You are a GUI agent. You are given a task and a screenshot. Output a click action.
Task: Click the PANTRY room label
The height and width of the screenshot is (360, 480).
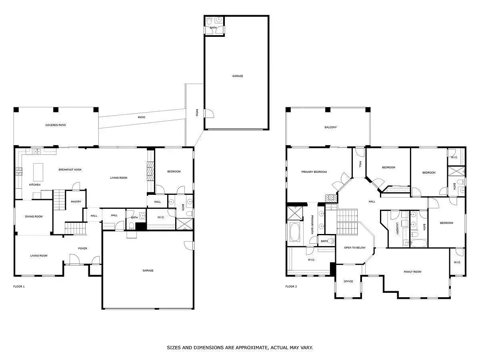point(76,202)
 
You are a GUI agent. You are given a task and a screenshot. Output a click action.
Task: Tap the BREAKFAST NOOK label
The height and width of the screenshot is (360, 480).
point(70,170)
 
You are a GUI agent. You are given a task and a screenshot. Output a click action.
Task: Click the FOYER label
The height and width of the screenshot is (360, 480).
point(83,248)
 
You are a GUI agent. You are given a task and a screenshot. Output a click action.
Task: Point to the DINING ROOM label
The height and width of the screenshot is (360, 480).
point(34,216)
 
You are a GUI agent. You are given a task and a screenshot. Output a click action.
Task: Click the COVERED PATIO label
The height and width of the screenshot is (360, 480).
point(56,125)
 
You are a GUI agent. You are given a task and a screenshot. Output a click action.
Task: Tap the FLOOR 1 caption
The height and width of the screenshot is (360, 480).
point(19,286)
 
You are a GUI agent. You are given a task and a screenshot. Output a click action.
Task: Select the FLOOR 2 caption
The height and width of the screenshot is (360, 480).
point(291,286)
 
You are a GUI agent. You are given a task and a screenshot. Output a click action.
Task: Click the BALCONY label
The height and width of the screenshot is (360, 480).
point(331,127)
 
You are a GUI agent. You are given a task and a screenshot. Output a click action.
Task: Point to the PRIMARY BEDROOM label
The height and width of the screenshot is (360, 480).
point(314,172)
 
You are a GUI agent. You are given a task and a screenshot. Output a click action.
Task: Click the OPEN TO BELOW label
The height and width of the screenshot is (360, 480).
point(355,248)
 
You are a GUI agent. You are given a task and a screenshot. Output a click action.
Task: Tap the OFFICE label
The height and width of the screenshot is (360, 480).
point(348,281)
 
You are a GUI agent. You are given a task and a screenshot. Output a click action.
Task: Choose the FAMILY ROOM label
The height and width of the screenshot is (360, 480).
point(412,272)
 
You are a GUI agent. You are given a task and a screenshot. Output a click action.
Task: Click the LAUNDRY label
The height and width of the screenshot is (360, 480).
point(397,229)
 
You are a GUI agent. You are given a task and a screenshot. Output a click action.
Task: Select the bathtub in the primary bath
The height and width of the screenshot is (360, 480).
point(294,232)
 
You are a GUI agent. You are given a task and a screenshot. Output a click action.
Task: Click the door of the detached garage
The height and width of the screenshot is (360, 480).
point(209,114)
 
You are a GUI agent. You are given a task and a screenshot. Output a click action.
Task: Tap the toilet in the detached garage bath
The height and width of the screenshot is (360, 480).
point(209,21)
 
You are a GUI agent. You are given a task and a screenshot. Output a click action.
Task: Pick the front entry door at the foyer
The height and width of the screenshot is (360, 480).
point(74,260)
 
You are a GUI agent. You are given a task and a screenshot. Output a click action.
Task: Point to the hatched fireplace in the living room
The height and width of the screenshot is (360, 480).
point(150,171)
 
